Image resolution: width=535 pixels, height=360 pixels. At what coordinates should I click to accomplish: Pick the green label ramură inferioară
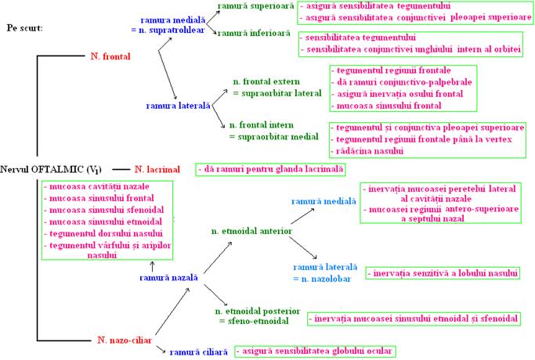253,34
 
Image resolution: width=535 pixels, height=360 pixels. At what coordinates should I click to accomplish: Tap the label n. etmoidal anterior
252,232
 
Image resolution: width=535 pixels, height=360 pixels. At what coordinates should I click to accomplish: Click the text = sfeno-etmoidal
256,321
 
